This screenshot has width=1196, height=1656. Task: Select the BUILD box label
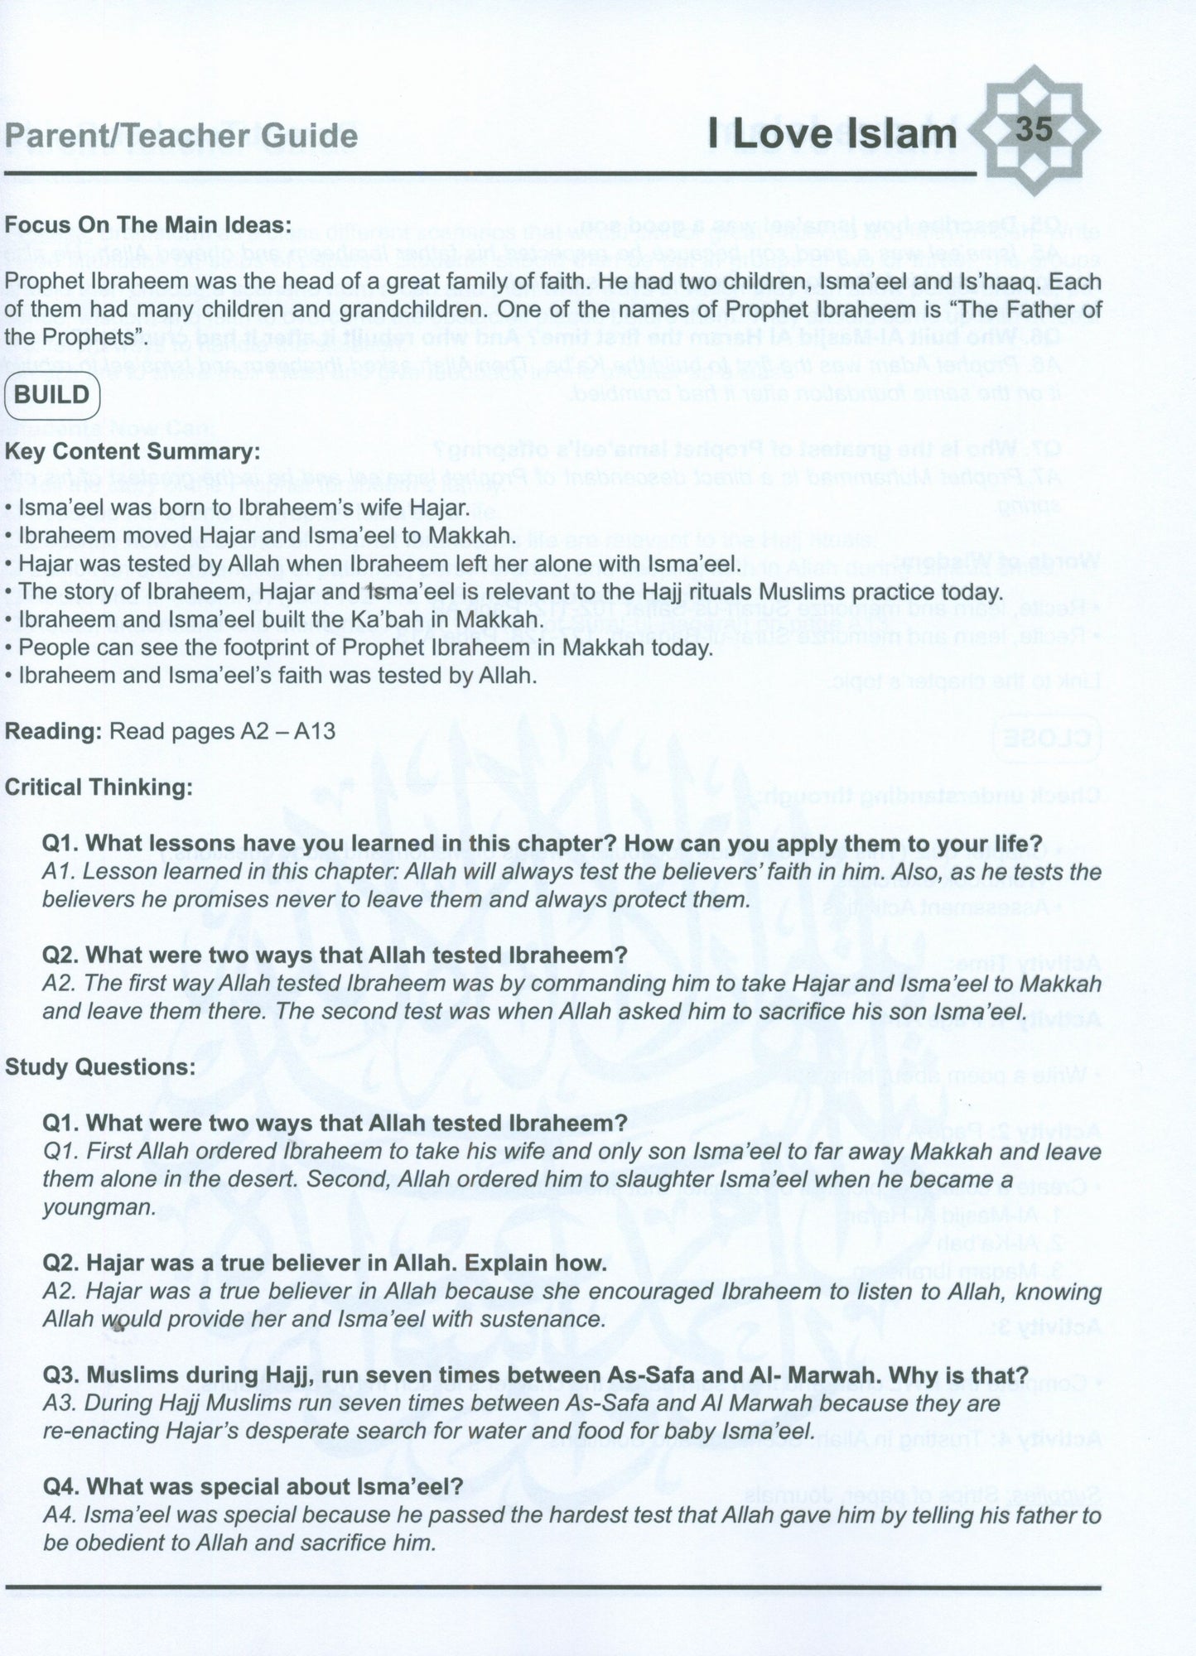click(x=52, y=394)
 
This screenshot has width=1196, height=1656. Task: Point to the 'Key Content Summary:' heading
click(x=132, y=452)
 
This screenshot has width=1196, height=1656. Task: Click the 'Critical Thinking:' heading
click(x=99, y=787)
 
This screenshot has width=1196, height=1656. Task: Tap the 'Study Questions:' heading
click(x=100, y=1066)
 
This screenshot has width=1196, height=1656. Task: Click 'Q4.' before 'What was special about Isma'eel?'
click(x=62, y=1486)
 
